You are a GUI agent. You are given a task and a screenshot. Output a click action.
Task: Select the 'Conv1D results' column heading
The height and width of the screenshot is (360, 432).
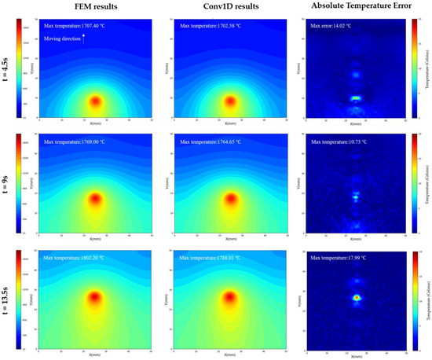231,7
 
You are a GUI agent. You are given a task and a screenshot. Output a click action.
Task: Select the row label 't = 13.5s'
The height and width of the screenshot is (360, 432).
9,301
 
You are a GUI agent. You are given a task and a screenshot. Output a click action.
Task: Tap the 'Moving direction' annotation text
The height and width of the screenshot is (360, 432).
63,38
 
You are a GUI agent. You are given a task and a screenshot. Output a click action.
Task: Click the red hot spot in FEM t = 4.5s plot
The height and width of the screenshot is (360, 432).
95,101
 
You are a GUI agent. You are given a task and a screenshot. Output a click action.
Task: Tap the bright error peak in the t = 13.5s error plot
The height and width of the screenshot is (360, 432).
356,298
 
